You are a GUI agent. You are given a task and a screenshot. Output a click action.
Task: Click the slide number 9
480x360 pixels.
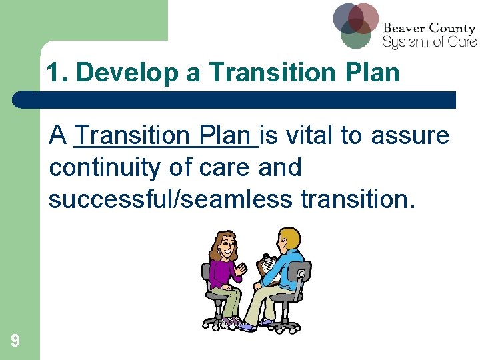tap(15, 341)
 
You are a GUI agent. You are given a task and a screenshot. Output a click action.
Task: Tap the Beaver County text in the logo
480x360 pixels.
tap(429, 29)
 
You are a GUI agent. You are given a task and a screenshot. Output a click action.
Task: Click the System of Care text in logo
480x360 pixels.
tap(429, 42)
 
